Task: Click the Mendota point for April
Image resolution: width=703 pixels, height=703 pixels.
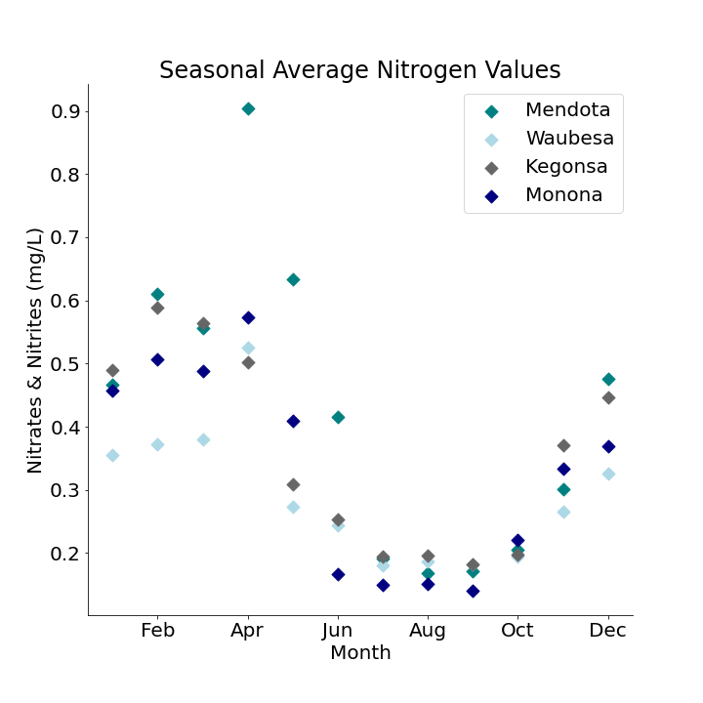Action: tap(248, 108)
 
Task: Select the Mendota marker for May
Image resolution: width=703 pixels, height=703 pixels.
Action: tap(293, 279)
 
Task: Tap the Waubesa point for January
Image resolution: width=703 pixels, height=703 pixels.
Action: tap(112, 455)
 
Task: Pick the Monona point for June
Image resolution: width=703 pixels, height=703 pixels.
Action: tap(338, 574)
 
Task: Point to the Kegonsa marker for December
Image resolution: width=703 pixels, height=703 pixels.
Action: tap(608, 397)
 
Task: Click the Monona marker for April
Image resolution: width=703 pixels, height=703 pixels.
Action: tap(248, 317)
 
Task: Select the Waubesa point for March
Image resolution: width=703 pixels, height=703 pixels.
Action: tap(203, 439)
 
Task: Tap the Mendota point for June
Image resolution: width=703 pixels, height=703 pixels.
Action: tap(338, 417)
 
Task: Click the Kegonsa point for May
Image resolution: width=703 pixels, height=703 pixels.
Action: tap(293, 484)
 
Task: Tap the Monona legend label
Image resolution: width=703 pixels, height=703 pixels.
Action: tap(563, 195)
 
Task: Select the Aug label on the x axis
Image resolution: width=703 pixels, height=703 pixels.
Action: tap(428, 631)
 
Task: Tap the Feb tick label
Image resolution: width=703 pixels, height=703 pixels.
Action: tap(158, 631)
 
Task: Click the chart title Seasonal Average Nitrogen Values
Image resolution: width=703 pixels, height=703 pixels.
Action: tap(359, 70)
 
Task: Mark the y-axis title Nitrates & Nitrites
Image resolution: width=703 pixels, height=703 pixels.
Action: tap(35, 350)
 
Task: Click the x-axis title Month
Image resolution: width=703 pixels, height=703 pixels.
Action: tap(359, 653)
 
